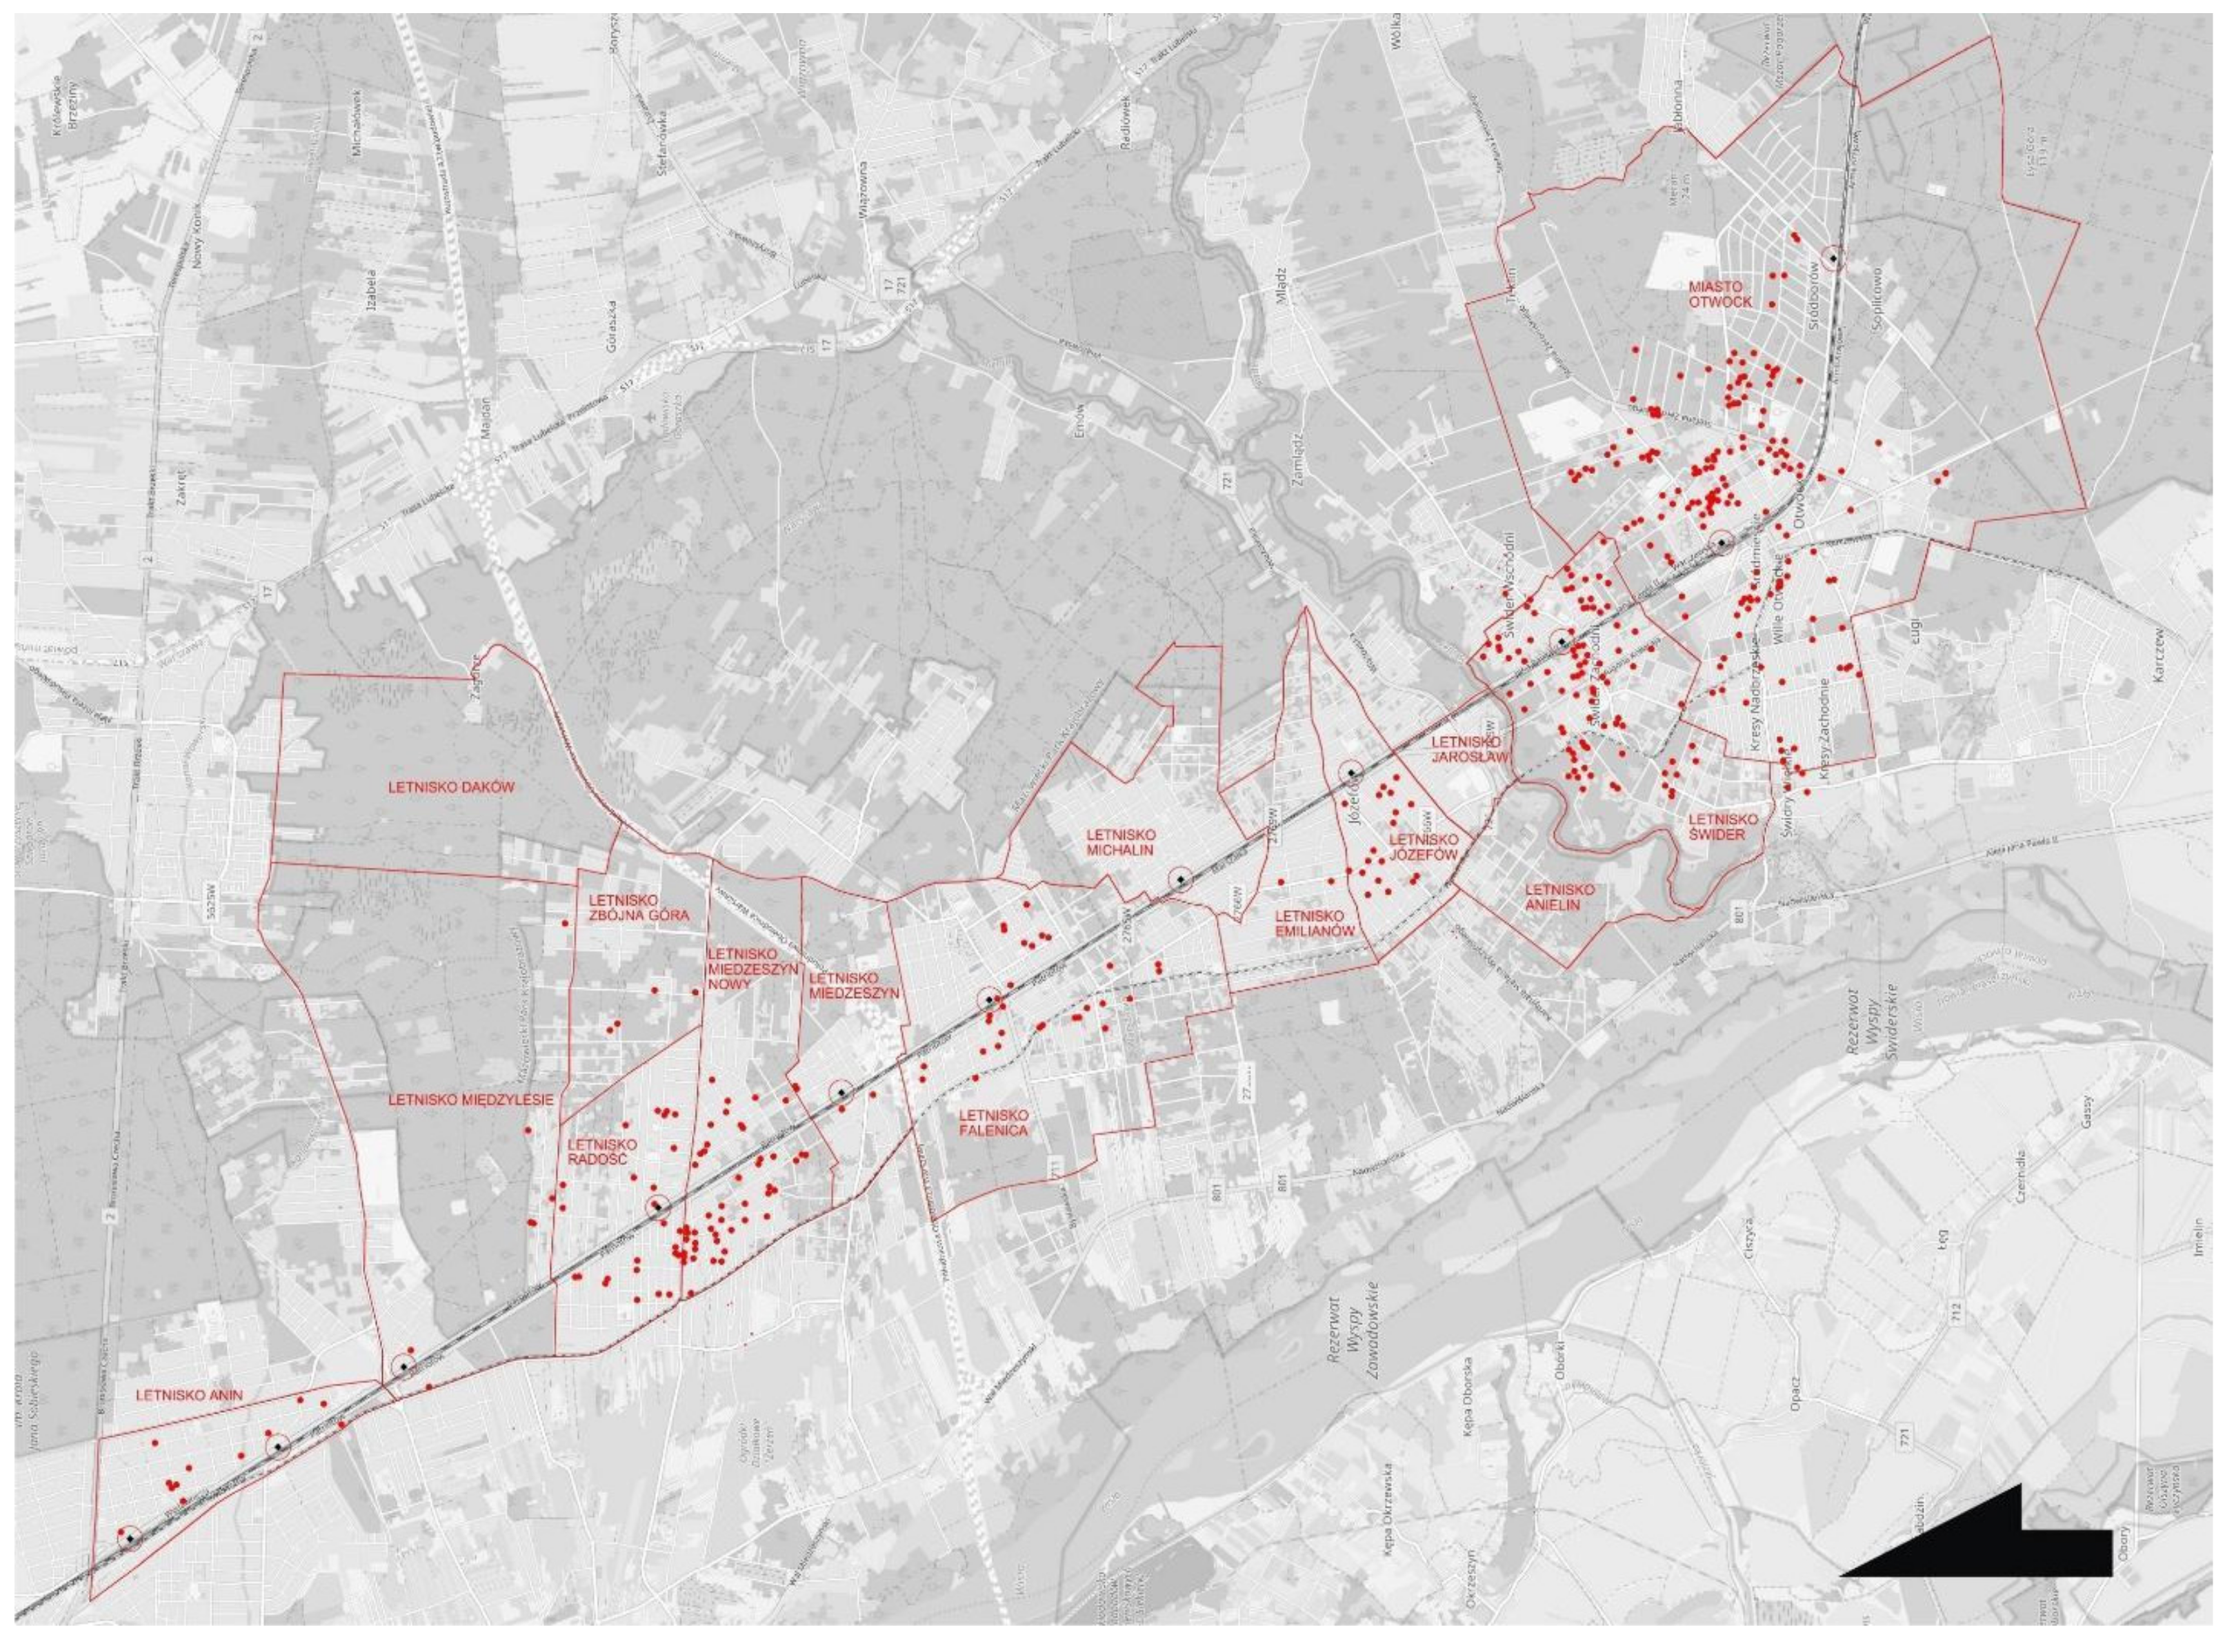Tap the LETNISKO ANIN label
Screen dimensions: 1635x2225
coord(189,1396)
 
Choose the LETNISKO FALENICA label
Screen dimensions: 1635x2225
coord(992,1122)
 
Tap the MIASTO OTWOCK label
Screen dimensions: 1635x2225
coord(1719,294)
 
